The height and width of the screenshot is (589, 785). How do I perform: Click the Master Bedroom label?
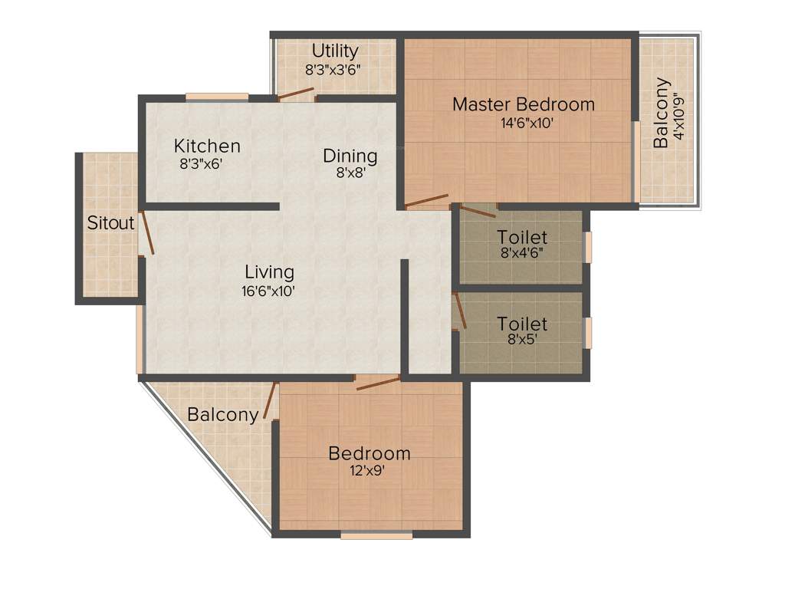coord(523,104)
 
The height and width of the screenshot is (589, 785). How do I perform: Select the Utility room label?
coord(335,51)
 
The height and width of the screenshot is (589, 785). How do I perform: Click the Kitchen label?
coord(207,146)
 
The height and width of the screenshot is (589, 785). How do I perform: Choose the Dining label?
coord(350,156)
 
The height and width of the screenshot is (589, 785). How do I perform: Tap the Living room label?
coord(269,271)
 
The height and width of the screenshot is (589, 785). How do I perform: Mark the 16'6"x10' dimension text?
coord(269,291)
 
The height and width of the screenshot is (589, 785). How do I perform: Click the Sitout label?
coord(110,223)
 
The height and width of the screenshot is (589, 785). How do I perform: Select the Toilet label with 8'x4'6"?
coord(522,238)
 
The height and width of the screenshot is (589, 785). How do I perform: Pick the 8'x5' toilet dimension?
coord(522,339)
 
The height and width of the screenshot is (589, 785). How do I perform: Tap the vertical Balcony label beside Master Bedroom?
coord(661,114)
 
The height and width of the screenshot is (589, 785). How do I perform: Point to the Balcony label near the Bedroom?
coord(223,415)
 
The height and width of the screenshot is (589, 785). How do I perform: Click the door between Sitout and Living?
coord(146,233)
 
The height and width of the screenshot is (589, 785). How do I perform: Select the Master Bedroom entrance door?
coord(426,201)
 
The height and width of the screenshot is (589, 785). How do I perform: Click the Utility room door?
coord(296,94)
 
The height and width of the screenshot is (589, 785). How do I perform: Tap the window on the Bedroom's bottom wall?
coord(376,535)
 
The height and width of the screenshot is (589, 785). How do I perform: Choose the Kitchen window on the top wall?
coord(217,97)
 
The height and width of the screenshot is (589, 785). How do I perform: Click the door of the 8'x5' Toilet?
coord(459,310)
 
